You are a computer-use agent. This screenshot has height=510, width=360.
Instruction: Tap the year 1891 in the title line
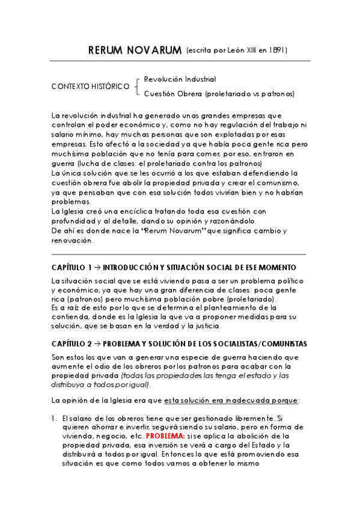pos(278,51)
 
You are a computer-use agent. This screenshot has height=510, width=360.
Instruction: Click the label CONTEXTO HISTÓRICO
pos(90,87)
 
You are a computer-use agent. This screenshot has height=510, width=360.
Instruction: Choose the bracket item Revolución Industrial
pos(180,79)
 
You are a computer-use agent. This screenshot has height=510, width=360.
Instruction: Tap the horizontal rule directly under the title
pos(180,61)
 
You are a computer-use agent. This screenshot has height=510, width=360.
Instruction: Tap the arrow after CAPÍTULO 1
pos(99,267)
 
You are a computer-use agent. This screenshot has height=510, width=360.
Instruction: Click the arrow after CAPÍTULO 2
pos(99,344)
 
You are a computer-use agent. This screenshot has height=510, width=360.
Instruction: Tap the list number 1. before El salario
pos(54,418)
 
